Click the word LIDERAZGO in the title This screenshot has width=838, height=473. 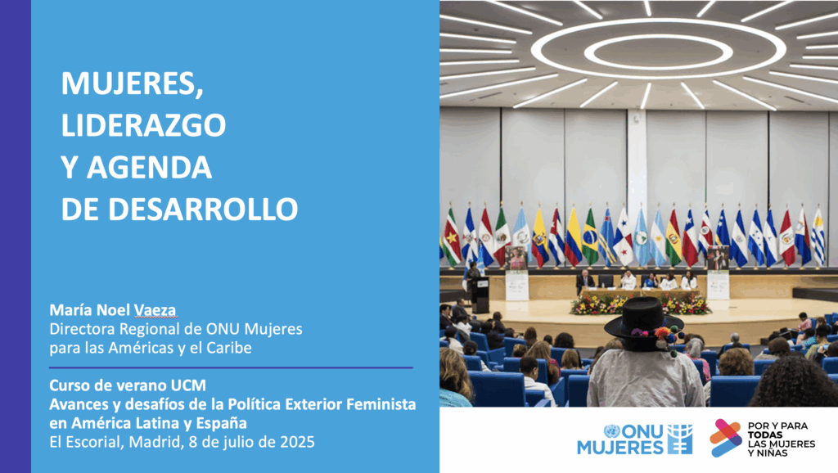coord(143,125)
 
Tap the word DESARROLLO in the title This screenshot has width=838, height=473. coord(203,209)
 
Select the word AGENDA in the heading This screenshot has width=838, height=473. coord(149,167)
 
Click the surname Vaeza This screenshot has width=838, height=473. coord(155,310)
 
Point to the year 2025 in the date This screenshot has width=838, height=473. coord(297,442)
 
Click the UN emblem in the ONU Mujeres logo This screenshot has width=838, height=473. coord(611,431)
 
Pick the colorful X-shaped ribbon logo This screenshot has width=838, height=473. coord(726,438)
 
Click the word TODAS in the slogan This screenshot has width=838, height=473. coord(765,435)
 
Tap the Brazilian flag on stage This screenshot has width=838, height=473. coord(590,238)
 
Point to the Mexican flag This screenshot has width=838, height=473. coord(502,235)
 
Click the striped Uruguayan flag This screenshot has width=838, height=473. coord(818,236)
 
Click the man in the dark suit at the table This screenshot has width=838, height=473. coord(585,282)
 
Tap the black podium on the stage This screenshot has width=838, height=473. coord(481,295)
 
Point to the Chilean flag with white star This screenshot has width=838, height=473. coord(690,238)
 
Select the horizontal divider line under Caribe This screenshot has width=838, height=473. coord(231,367)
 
